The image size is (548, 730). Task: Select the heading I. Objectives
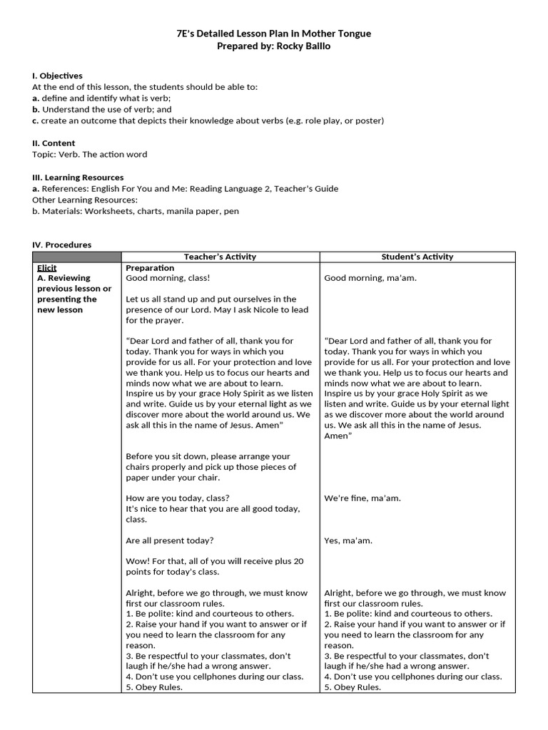[x=57, y=76]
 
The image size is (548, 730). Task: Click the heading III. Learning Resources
[x=78, y=177]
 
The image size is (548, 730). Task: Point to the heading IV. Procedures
[x=62, y=245]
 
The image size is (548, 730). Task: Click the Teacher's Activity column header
[x=220, y=257]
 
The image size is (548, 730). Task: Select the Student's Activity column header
[x=417, y=257]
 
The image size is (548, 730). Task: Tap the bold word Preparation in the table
[x=151, y=267]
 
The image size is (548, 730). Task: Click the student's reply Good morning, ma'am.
[x=370, y=278]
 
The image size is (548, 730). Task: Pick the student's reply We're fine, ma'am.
[x=362, y=498]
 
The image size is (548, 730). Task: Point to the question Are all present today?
[x=169, y=540]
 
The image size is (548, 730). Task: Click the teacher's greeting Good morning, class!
[x=168, y=278]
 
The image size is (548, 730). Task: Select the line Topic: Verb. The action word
[x=90, y=154]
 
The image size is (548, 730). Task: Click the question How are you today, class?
[x=178, y=498]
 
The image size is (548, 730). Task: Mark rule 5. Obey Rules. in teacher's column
[x=154, y=687]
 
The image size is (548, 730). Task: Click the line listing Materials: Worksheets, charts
[x=136, y=211]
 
